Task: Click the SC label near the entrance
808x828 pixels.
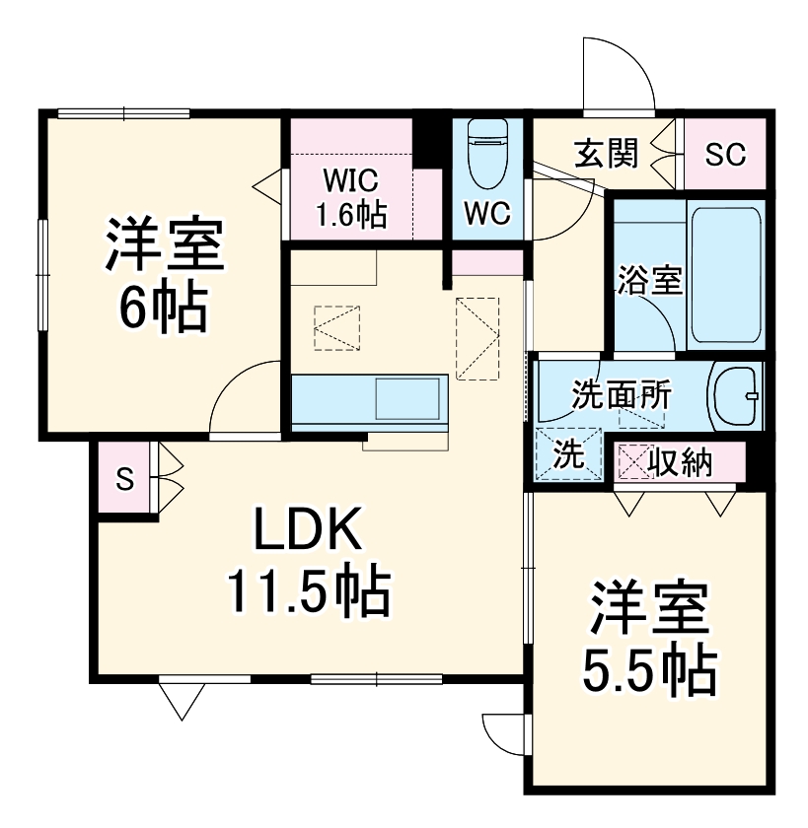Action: coord(725,154)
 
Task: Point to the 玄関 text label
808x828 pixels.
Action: coord(607,153)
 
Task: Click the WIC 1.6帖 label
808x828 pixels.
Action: coord(350,197)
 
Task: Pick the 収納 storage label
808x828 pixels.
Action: coord(681,460)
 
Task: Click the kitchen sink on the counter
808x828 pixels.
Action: coord(407,399)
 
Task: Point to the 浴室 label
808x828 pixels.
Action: coord(648,281)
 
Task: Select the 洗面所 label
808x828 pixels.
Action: coord(622,395)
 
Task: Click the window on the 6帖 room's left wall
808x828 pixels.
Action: coord(43,276)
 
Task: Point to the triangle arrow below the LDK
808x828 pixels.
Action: coord(181,701)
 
